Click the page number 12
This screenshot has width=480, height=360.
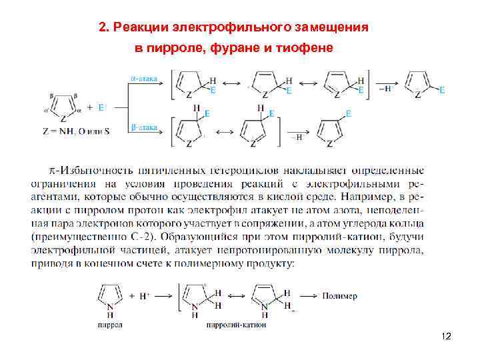(x=446, y=337)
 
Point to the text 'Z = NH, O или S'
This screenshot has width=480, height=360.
(x=74, y=131)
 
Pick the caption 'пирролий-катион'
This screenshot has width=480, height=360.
(x=237, y=325)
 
